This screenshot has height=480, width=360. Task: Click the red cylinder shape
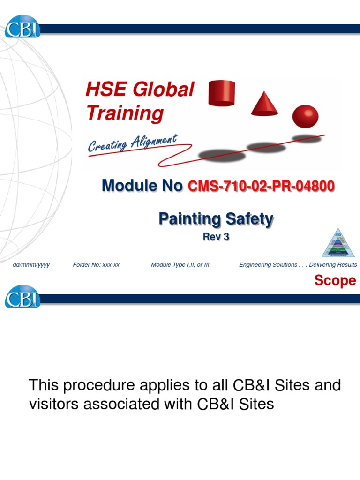(221, 93)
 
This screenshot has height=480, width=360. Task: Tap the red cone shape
(264, 103)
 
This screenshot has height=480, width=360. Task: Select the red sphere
(305, 116)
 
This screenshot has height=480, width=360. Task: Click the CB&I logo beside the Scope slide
(22, 296)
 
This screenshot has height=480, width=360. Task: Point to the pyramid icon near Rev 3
(338, 243)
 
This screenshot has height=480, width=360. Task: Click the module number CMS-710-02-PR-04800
(261, 187)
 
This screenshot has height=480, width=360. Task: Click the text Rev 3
(216, 237)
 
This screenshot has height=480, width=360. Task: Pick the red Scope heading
(335, 281)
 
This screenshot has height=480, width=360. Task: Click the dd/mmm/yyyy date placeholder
(31, 265)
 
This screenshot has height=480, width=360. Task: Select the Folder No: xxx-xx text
(96, 265)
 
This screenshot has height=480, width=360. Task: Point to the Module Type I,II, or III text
(180, 265)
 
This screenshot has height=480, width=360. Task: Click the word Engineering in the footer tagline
(254, 265)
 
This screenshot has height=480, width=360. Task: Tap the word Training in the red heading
(125, 113)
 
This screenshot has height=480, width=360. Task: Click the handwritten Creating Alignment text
(132, 142)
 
